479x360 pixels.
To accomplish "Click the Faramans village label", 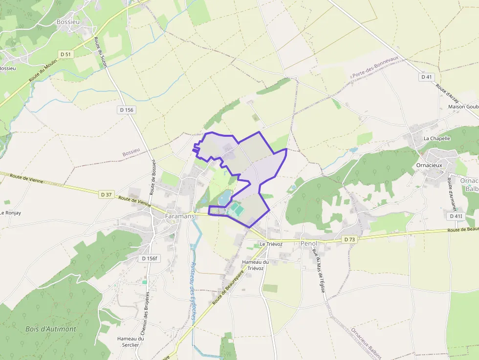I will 179,215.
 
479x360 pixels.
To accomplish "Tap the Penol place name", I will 309,243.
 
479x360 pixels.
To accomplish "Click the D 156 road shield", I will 126,110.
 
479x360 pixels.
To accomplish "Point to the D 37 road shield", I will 106,194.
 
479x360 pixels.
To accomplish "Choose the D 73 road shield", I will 348,239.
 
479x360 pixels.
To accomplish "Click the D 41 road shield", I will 427,77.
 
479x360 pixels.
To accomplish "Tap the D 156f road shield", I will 150,258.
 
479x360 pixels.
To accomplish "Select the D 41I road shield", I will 456,215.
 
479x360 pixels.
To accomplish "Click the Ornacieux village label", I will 430,165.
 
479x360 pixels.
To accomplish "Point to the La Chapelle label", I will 436,138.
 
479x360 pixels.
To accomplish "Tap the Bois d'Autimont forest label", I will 51,329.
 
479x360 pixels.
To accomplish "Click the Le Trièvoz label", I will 271,244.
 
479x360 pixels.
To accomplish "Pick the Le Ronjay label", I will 10,213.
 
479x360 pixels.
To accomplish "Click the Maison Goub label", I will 463,106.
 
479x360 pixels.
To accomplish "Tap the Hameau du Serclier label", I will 130,341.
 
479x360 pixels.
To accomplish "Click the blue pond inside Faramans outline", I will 224,198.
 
